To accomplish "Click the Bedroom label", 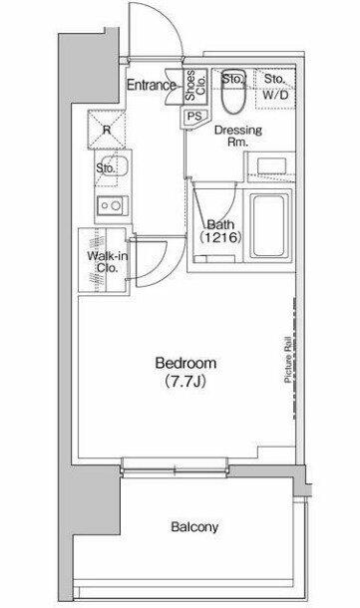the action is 185,364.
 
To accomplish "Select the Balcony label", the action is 194,527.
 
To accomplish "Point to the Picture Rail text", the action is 288,360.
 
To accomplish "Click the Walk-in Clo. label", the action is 107,262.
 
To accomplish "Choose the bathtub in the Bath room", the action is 269,226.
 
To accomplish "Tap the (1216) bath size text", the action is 221,237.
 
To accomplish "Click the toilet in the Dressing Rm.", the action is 233,92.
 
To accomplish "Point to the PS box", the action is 195,116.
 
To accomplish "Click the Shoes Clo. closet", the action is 194,86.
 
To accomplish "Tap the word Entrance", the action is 152,85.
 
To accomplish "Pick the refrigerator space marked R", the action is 107,130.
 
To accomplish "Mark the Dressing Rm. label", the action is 238,136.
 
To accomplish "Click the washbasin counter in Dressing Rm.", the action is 270,166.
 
